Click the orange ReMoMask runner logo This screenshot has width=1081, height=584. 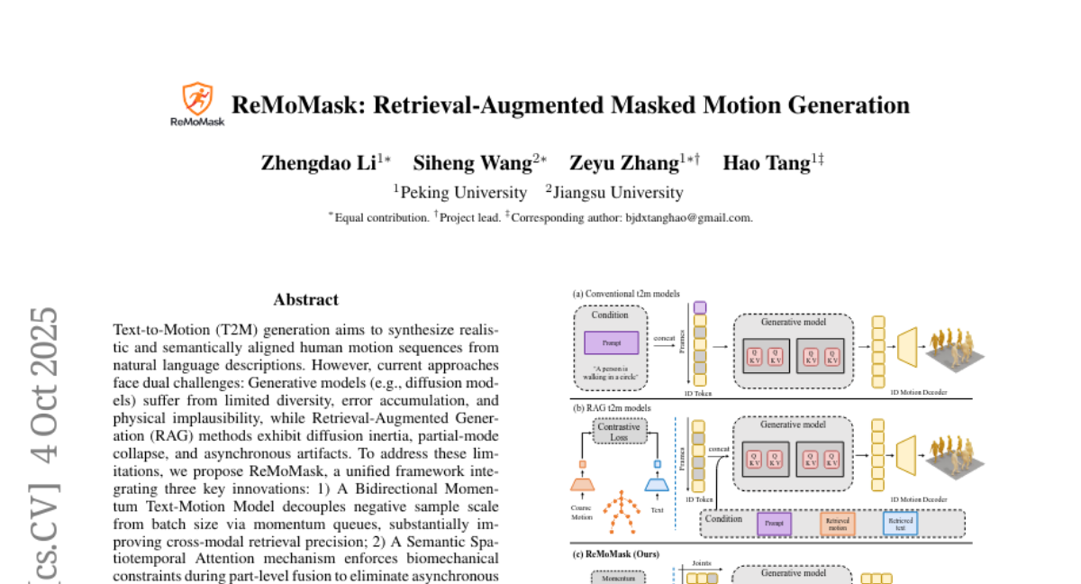click(x=197, y=98)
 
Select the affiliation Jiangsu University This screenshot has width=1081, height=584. click(x=618, y=192)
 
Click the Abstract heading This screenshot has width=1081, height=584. click(x=306, y=299)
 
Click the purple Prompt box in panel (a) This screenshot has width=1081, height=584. click(x=612, y=343)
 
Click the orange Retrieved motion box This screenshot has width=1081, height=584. click(x=838, y=522)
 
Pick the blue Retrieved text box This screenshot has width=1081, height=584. click(x=900, y=522)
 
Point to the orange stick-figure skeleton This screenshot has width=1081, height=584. click(x=619, y=511)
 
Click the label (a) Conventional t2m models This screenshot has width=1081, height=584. click(x=626, y=294)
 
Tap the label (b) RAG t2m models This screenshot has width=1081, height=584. click(x=613, y=407)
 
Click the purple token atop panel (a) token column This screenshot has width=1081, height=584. click(x=700, y=308)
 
